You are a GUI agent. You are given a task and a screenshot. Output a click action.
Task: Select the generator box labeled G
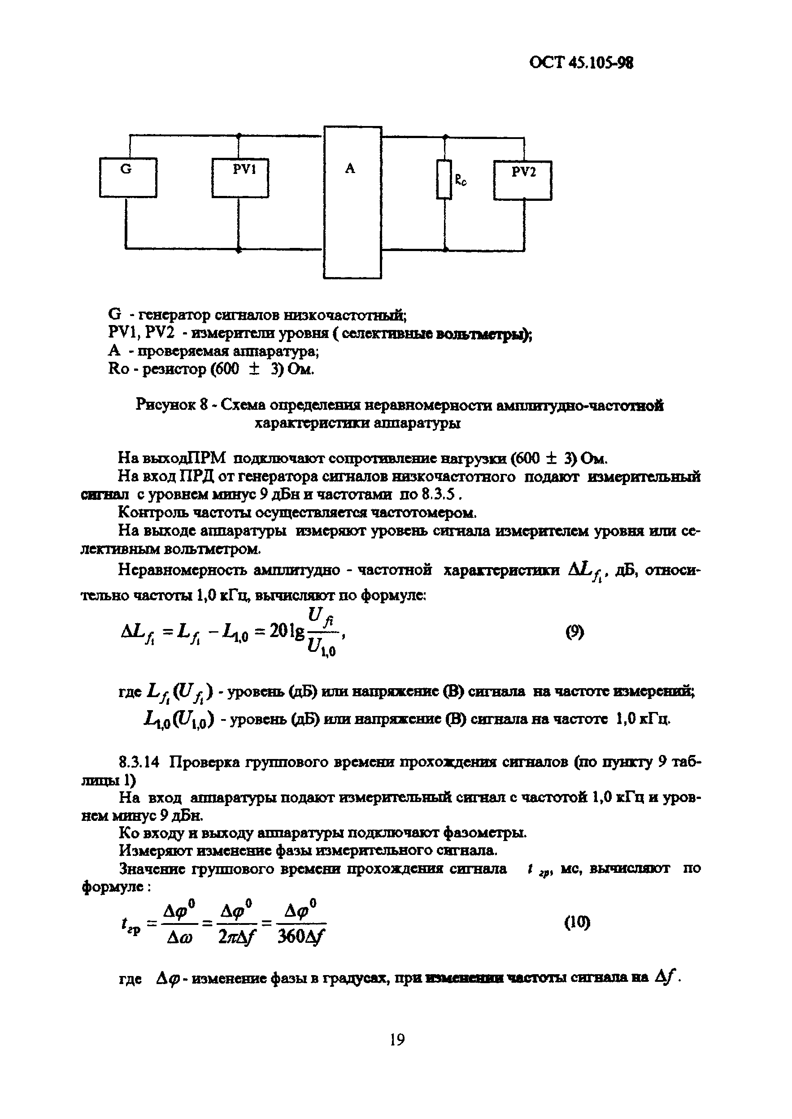128,178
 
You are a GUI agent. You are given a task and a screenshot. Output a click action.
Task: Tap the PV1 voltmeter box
240,178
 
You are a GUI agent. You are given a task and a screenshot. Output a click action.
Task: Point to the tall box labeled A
352,202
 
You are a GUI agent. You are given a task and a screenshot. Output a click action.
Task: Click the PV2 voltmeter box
522,180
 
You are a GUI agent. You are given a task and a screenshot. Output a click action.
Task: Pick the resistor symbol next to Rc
444,179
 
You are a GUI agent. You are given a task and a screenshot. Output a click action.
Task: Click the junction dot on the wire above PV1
239,135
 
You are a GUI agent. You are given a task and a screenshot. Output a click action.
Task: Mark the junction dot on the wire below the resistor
445,249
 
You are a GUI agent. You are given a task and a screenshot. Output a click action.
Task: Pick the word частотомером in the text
424,513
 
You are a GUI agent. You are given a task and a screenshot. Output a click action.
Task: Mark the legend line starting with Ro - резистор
211,369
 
